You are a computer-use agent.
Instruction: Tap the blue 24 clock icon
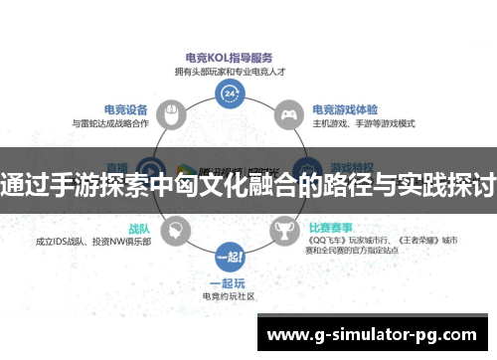[231, 94]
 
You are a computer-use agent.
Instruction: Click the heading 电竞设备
[126, 110]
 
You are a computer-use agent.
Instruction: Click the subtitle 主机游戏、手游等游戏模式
[363, 124]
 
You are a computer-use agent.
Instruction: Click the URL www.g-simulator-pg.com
[374, 334]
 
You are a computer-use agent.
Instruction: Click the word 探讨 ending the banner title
[471, 184]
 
